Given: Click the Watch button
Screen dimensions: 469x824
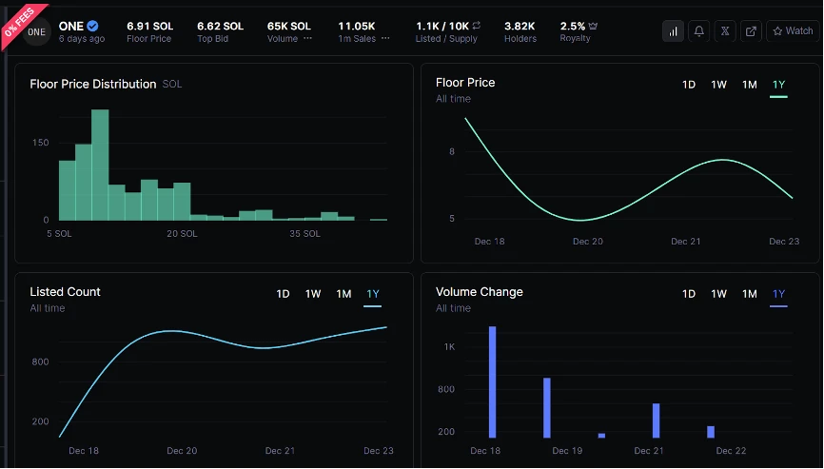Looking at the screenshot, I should click(x=792, y=31).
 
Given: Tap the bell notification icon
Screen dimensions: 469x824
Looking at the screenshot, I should click(x=699, y=31).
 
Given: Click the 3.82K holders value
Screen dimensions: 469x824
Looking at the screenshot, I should click(x=520, y=26).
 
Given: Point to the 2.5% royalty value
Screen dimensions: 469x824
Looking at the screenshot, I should click(x=573, y=26).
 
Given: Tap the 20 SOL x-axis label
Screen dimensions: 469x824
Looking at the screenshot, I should click(x=182, y=233).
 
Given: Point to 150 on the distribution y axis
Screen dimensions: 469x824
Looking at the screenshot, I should click(x=40, y=143).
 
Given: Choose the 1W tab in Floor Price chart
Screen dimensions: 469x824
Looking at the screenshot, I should click(x=719, y=85).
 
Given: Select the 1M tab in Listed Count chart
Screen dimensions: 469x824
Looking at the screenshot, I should click(x=343, y=294).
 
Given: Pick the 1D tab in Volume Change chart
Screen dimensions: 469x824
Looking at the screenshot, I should click(x=688, y=294).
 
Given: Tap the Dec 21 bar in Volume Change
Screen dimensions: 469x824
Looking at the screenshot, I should click(x=656, y=420).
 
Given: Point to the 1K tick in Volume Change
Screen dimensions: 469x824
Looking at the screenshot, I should click(x=449, y=347).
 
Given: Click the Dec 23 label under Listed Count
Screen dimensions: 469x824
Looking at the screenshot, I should click(x=379, y=451).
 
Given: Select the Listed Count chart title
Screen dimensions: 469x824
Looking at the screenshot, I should click(x=65, y=291).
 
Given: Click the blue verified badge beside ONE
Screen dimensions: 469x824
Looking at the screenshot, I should click(x=92, y=26).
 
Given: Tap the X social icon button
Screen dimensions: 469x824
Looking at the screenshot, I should click(x=725, y=31).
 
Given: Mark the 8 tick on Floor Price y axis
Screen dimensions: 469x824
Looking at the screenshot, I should click(x=452, y=151).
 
